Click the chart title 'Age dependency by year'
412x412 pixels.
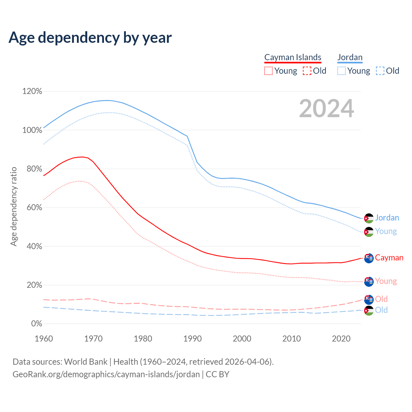pos(90,38)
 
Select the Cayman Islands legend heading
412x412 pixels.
pos(293,57)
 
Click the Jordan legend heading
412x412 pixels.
pos(350,57)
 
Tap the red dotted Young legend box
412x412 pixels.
pos(268,71)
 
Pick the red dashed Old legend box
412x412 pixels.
pos(307,71)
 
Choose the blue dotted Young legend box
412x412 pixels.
pos(342,71)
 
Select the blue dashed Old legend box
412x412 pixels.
pos(380,71)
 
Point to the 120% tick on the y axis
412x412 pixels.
pos(32,91)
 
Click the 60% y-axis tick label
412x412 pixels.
pos(34,208)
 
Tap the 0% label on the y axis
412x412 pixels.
pos(36,324)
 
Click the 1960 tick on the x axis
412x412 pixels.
pos(44,339)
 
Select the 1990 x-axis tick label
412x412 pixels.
pos(192,339)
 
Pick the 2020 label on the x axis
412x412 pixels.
pos(341,339)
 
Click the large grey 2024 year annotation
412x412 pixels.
pos(326,108)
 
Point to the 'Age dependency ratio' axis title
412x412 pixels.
pos(14,206)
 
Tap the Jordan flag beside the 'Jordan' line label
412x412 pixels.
pos(369,218)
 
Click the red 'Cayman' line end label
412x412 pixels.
pos(389,258)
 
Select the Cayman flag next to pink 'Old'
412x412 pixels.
pos(369,299)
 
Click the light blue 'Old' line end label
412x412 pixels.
pos(381,310)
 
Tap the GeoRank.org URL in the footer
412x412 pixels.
pos(106,374)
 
